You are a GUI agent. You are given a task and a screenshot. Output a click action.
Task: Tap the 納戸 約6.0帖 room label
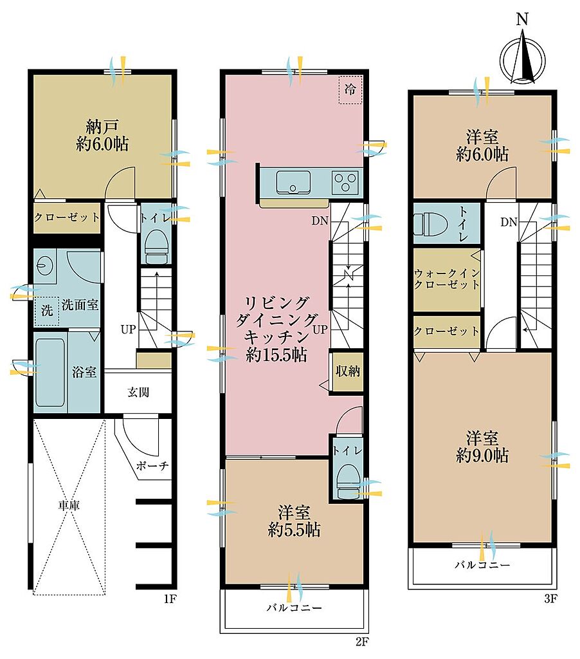tap(102, 135)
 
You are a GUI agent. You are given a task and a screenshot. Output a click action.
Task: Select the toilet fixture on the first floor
tap(157, 247)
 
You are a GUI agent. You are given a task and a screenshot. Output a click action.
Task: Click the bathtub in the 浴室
tap(50, 371)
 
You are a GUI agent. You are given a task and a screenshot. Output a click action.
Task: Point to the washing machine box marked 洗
tap(46, 311)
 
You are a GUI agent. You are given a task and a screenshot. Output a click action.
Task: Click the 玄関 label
tap(138, 393)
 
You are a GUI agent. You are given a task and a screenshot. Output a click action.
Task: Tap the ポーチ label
tap(152, 465)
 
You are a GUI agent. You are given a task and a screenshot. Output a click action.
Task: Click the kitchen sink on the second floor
tap(293, 182)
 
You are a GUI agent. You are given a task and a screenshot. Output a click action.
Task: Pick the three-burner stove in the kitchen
tap(345, 182)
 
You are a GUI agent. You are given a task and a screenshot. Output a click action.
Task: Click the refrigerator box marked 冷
tap(350, 89)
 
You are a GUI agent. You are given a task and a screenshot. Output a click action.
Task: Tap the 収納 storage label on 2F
tap(348, 371)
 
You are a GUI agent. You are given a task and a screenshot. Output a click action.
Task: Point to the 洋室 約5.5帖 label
tap(294, 521)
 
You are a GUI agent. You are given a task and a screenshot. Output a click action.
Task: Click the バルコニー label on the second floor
tap(295, 608)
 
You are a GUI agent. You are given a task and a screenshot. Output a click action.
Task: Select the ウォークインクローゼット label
tap(447, 279)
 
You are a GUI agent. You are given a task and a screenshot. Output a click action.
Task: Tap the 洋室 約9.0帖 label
tap(482, 447)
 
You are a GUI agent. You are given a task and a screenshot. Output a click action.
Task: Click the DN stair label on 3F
tap(509, 222)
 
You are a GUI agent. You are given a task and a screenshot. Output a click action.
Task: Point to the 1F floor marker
tap(169, 599)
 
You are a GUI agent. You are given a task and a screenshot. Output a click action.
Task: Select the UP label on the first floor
tap(129, 329)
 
